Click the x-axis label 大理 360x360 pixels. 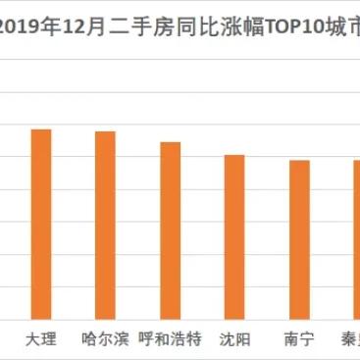coord(40,339)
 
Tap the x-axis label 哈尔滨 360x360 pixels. coord(105,339)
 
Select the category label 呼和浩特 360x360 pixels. coord(170,339)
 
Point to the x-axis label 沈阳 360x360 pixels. coord(234,339)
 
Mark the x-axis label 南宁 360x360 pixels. coord(299,339)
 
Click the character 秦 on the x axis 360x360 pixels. coord(351,339)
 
